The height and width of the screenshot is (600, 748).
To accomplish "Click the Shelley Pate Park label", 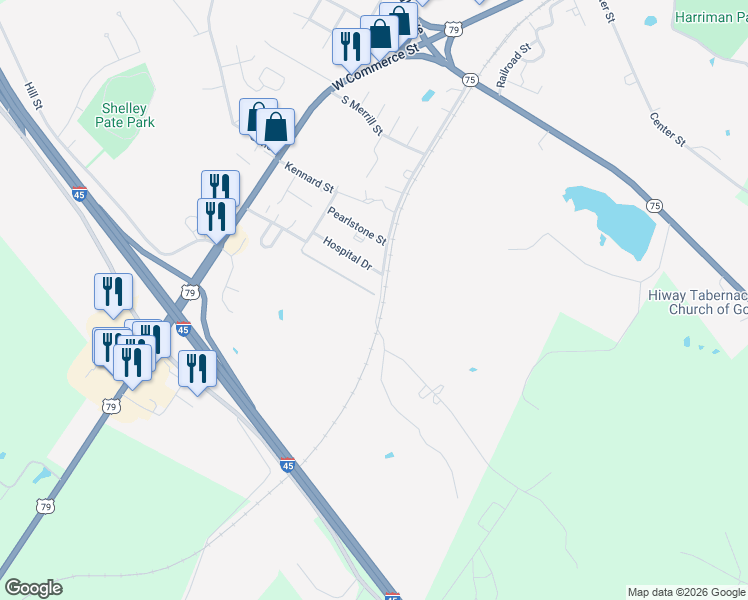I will pos(125,115).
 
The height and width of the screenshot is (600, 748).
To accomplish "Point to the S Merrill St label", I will pos(362,114).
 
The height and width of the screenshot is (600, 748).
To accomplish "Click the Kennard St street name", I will pos(308,177).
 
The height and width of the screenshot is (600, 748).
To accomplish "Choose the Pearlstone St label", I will pos(356,225).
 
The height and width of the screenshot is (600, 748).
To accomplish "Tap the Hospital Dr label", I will pos(347,254).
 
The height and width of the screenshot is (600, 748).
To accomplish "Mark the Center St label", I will pos(666,130).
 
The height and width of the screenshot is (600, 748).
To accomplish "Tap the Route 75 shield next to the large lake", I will pos(654,206).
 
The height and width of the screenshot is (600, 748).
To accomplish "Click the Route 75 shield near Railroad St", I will pos(470,79).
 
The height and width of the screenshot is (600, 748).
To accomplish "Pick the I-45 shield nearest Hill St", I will pos(79,193).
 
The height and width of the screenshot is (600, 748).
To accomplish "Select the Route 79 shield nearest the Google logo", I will pos(45,507).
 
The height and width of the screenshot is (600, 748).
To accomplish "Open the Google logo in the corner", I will pos(33,588).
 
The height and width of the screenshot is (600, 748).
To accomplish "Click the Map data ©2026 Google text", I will pos(686,592).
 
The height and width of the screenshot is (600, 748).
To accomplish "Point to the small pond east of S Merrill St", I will pos(428,96).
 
